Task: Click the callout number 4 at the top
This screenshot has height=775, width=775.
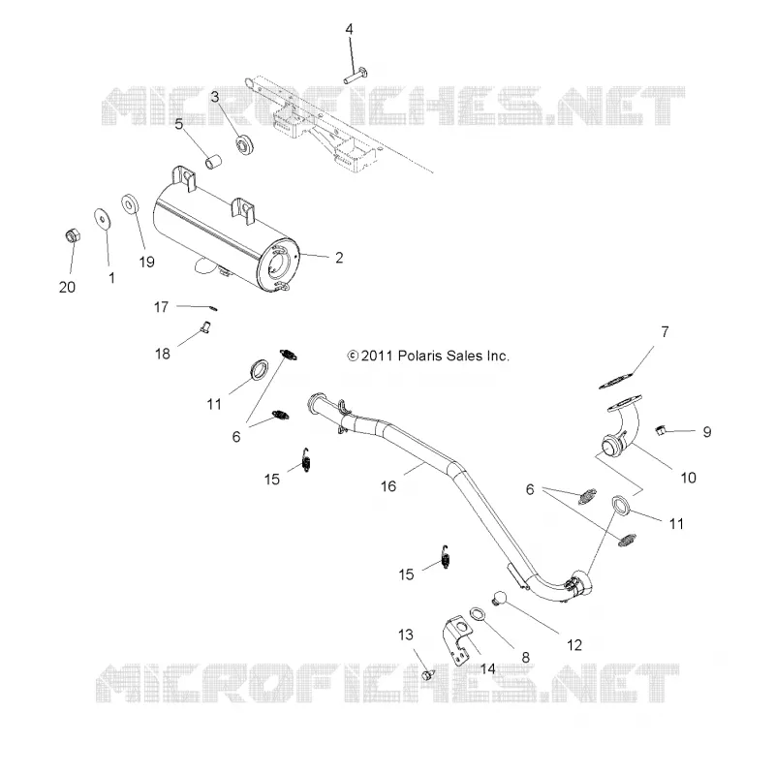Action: pos(349,29)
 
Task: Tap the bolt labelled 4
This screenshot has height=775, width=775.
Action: pos(356,77)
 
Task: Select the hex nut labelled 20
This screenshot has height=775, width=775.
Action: pos(73,235)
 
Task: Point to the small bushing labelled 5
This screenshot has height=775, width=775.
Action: pos(213,162)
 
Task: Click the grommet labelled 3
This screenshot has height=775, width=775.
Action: pos(244,144)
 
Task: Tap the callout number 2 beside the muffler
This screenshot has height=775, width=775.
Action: pos(339,258)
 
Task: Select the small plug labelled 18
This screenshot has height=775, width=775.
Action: pos(205,326)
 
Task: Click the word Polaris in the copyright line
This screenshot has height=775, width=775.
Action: pos(420,356)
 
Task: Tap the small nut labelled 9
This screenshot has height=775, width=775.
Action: pos(660,430)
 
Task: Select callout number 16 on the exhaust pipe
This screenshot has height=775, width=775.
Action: pos(388,486)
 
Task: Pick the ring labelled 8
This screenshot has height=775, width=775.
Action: pos(478,614)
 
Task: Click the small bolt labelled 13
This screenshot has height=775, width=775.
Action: pos(428,674)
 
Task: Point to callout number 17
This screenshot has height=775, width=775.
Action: pos(161,307)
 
